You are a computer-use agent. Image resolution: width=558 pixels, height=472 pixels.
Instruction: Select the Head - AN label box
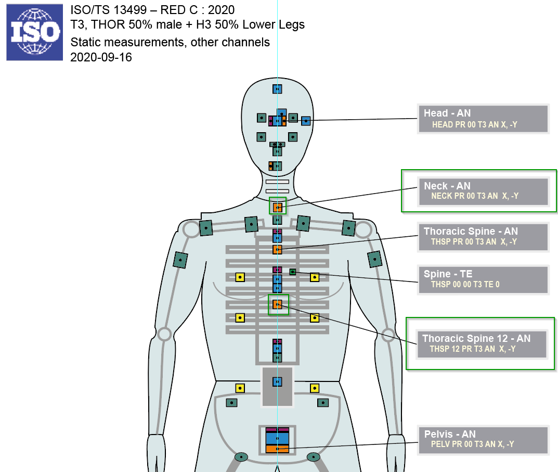tap(483, 119)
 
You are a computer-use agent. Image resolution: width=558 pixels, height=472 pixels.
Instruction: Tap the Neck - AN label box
tap(483, 191)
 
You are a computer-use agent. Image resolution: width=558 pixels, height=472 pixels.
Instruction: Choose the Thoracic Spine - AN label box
tap(483, 237)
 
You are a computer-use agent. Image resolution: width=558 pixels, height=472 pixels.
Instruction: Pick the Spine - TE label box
tap(483, 279)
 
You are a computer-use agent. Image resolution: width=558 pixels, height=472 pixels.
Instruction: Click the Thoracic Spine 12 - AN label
tap(481, 343)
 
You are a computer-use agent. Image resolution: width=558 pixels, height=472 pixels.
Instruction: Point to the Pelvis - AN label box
tap(483, 440)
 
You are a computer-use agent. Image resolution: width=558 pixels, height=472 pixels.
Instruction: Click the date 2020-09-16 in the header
tap(101, 57)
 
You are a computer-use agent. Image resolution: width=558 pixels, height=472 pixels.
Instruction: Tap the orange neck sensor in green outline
tap(278, 207)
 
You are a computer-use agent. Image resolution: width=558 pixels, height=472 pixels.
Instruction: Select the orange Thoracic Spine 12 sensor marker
tap(278, 304)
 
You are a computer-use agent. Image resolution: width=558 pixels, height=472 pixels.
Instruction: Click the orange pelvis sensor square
tap(277, 449)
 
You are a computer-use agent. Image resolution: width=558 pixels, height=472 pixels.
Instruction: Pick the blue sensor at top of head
tap(277, 89)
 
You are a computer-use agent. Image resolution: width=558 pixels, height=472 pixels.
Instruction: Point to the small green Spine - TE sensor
tap(293, 272)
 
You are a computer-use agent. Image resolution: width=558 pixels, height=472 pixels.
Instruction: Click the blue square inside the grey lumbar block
tap(277, 382)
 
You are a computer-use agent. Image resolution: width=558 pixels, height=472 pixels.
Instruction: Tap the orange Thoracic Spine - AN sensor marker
tap(277, 250)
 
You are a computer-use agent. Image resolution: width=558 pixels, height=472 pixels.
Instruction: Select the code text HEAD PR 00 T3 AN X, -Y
tap(474, 125)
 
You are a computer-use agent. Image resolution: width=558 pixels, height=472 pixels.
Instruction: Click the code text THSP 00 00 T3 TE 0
tap(465, 285)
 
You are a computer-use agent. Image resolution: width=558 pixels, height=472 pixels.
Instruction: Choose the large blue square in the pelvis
tap(277, 438)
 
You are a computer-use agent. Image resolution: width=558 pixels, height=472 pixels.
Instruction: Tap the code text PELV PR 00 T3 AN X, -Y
tap(473, 444)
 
